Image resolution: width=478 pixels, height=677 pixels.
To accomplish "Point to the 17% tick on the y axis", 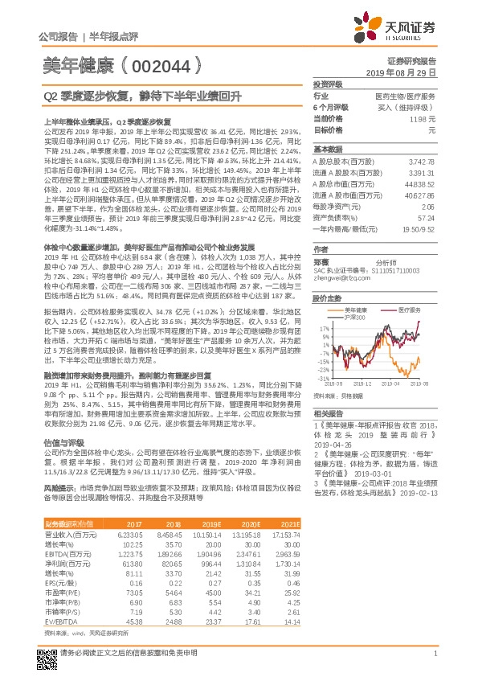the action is pos(325,329).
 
